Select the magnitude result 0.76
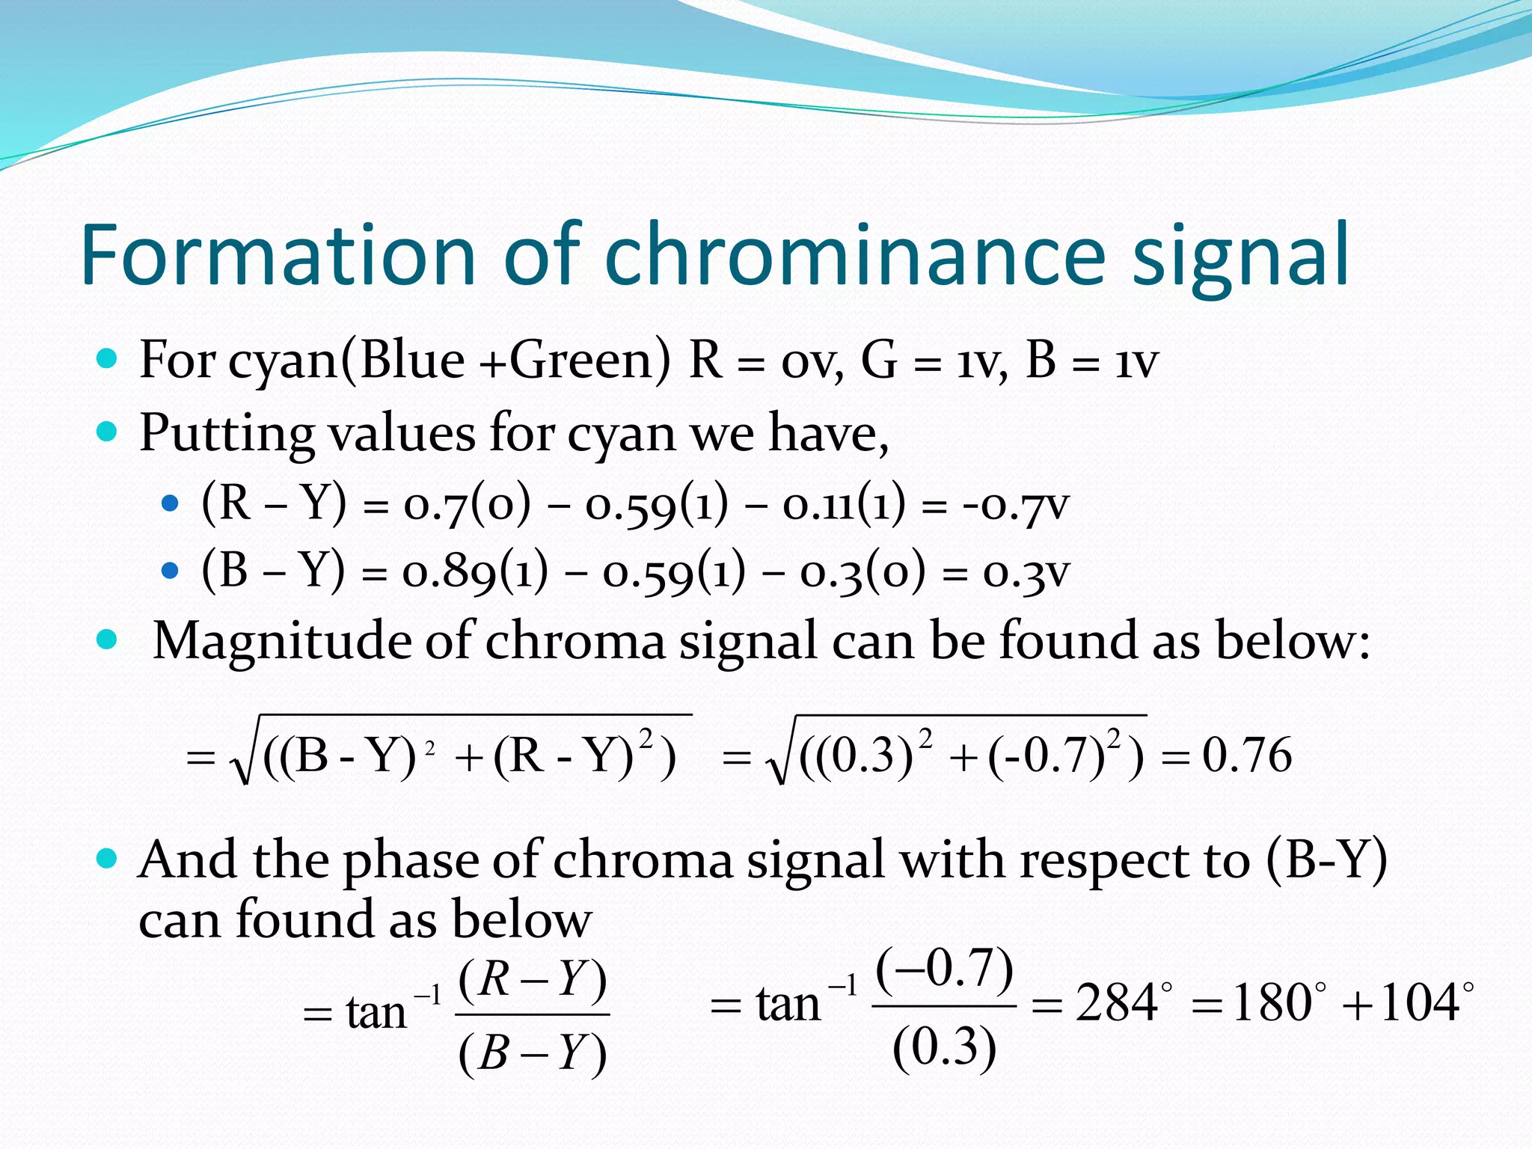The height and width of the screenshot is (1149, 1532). (1246, 756)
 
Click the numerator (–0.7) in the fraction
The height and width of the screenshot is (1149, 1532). (944, 969)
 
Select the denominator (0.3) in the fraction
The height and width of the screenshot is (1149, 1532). (944, 1047)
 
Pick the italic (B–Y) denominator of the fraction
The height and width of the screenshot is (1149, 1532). (532, 1053)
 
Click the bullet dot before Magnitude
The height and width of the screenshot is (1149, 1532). (108, 640)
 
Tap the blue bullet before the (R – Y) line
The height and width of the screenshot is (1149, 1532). (171, 503)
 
